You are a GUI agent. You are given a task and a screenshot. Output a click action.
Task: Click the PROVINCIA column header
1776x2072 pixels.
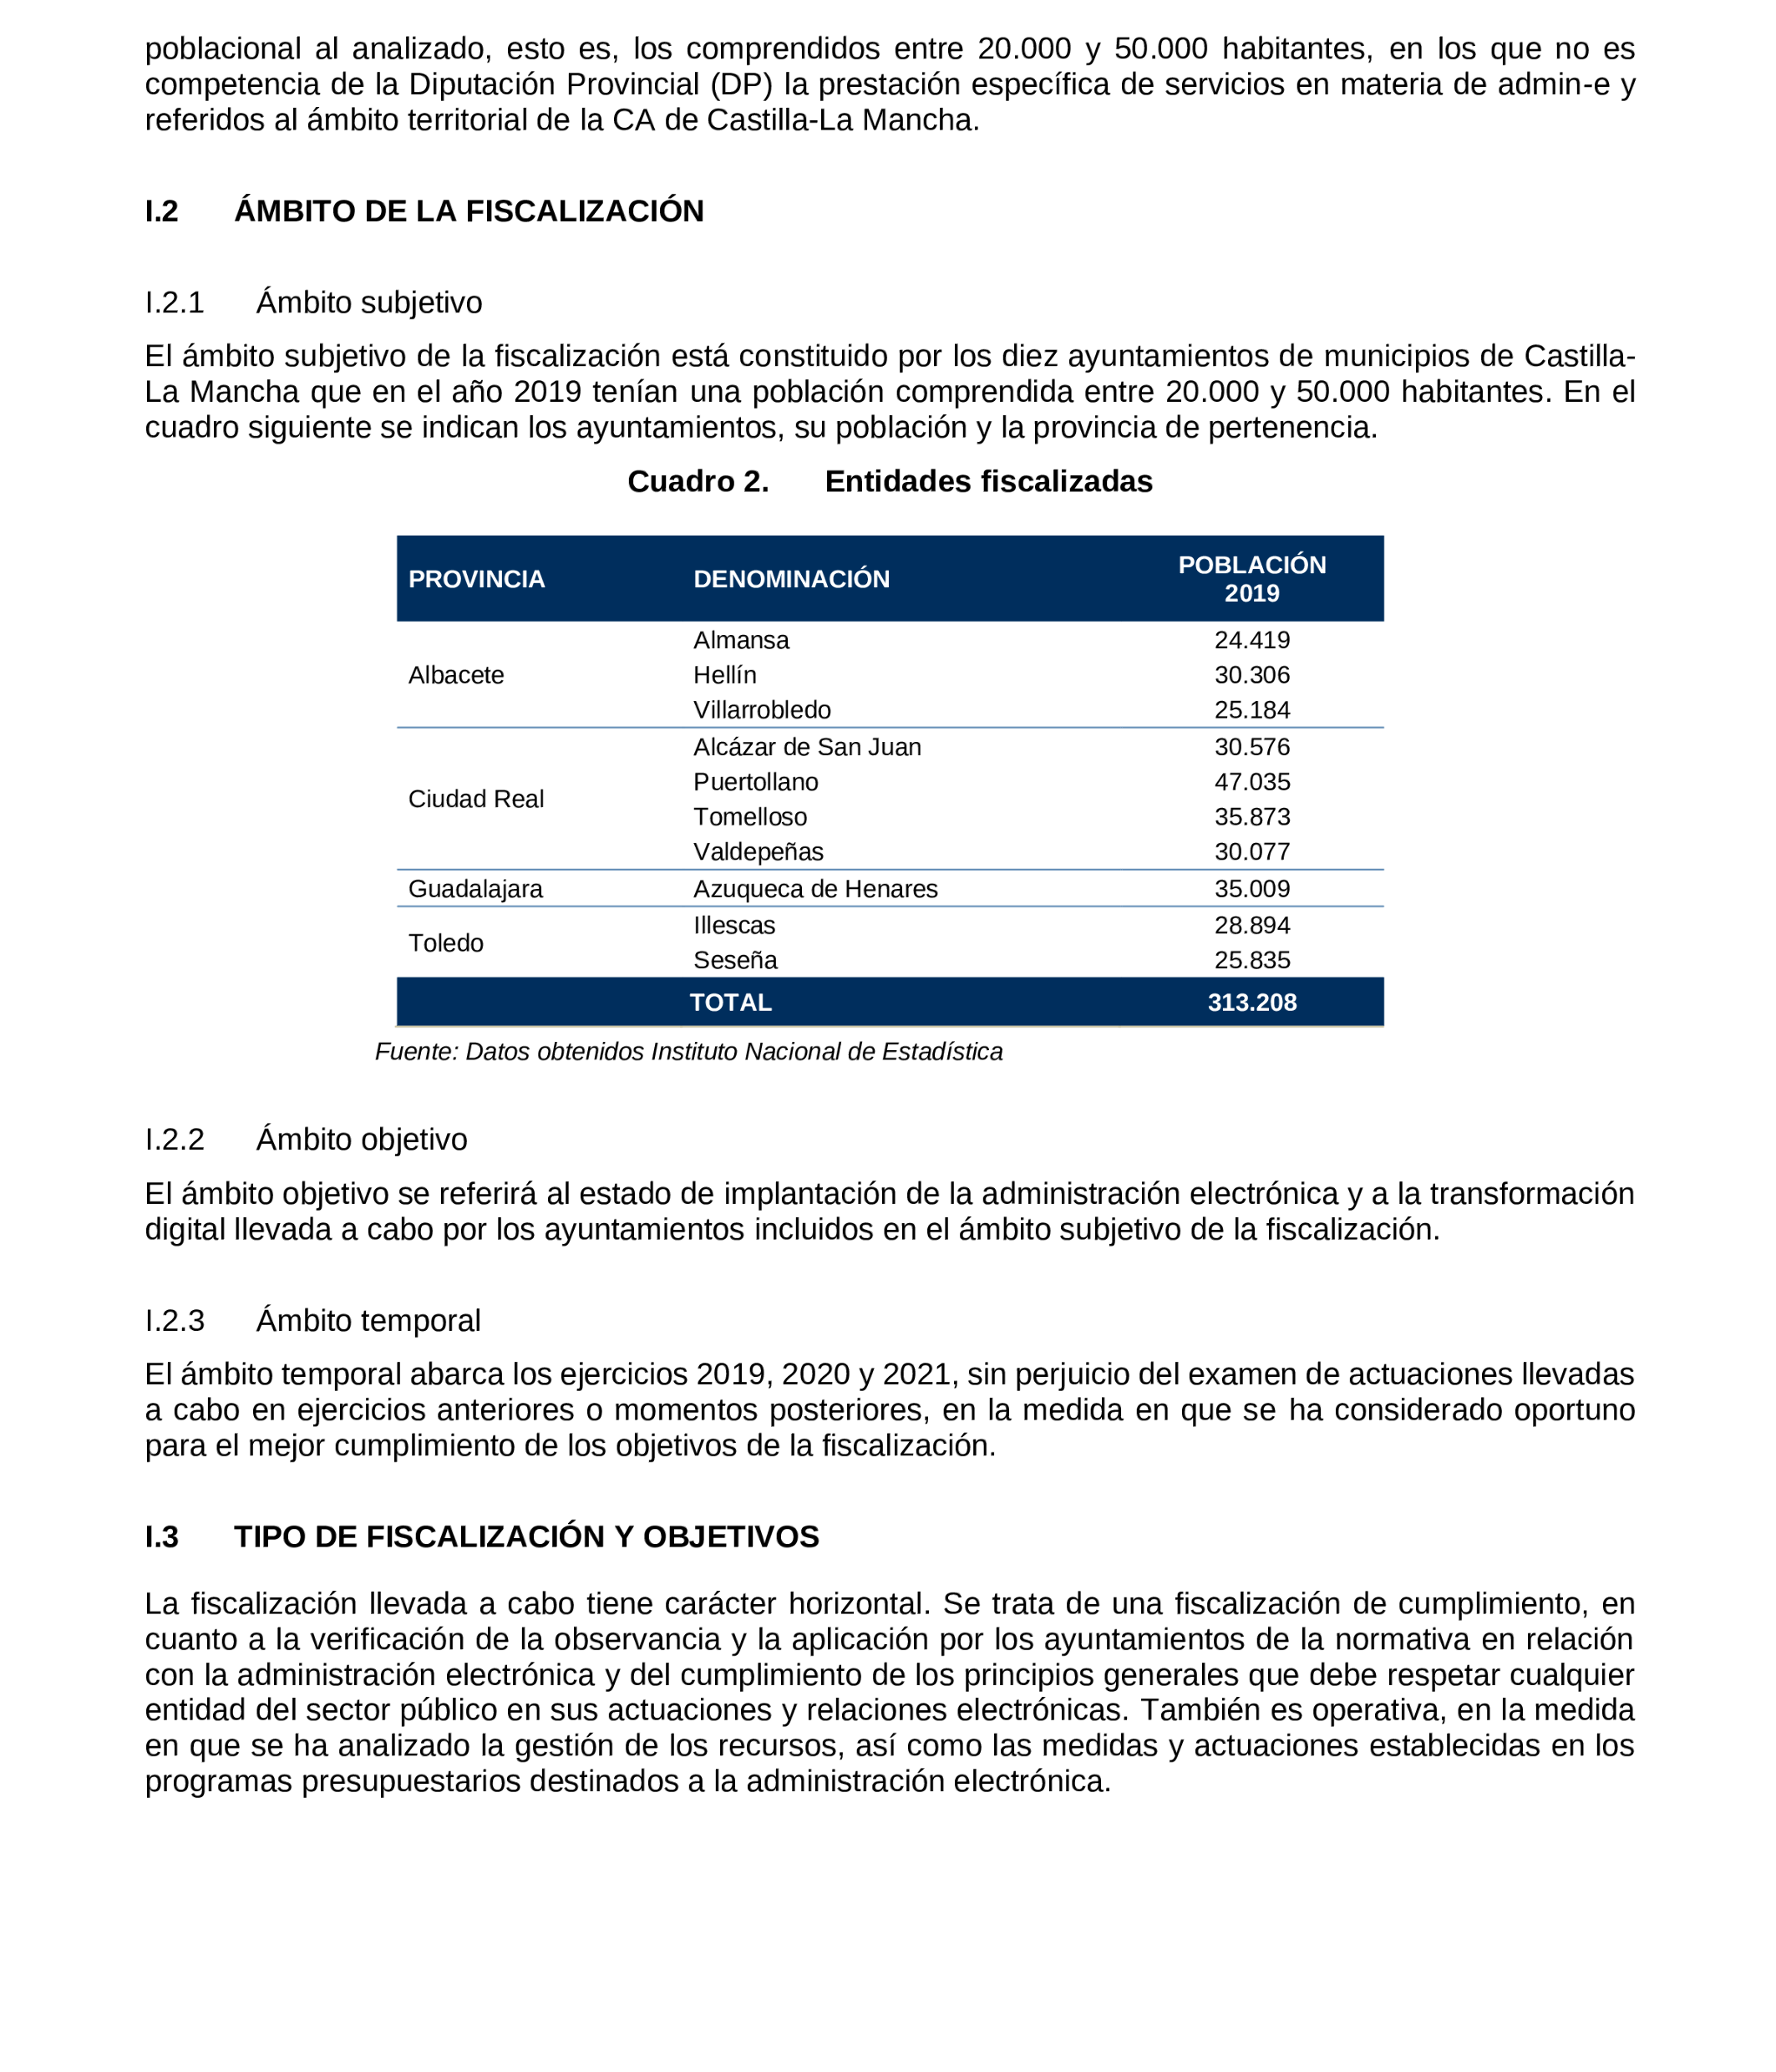pyautogui.click(x=476, y=579)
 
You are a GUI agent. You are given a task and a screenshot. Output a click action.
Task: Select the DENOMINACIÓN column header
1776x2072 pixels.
pyautogui.click(x=791, y=579)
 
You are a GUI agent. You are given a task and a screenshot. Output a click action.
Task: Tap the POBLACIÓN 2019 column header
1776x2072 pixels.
pyautogui.click(x=1251, y=578)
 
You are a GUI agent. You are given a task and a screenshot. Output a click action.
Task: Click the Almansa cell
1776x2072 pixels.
pyautogui.click(x=741, y=640)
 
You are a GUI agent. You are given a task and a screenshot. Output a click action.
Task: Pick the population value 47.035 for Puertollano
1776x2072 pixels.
pyautogui.click(x=1251, y=782)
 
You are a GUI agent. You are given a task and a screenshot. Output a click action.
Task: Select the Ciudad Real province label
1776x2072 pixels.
pyautogui.click(x=476, y=799)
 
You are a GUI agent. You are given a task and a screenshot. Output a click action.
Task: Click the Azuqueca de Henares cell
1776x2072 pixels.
pyautogui.click(x=815, y=889)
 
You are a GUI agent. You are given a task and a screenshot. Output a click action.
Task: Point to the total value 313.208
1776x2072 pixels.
pyautogui.click(x=1251, y=1002)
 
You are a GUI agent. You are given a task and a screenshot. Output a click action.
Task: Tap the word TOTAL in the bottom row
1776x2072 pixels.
pyautogui.click(x=730, y=1002)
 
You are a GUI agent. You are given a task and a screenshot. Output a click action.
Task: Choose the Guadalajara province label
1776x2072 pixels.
pyautogui.click(x=475, y=889)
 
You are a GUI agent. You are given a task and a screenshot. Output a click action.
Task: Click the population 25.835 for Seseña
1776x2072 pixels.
pyautogui.click(x=1251, y=960)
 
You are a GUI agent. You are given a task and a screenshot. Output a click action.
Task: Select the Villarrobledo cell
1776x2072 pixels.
pyautogui.click(x=762, y=710)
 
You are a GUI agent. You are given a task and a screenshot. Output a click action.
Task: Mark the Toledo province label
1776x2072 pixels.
pyautogui.click(x=446, y=943)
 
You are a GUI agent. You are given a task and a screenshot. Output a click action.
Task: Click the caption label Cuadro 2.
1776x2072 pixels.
pyautogui.click(x=698, y=482)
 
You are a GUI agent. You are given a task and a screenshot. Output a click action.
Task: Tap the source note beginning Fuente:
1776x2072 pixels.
pyautogui.click(x=688, y=1052)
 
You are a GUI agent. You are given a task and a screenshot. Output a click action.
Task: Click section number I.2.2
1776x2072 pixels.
pyautogui.click(x=174, y=1140)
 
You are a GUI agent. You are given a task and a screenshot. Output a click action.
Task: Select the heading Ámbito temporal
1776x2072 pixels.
pyautogui.click(x=368, y=1321)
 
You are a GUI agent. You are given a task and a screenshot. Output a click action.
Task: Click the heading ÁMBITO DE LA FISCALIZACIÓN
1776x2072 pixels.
pyautogui.click(x=469, y=212)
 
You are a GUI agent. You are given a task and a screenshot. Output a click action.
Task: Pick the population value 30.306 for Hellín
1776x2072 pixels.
pyautogui.click(x=1251, y=675)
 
